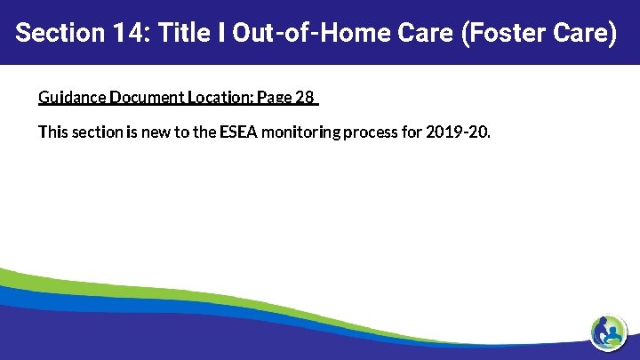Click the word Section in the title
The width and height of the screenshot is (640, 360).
click(x=56, y=34)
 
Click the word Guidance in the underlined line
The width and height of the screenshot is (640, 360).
click(x=72, y=97)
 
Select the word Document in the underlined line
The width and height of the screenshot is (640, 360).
click(x=146, y=97)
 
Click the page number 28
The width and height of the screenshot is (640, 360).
click(x=305, y=97)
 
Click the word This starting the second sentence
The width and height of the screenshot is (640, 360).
click(x=52, y=132)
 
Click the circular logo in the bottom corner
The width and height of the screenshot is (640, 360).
click(x=609, y=332)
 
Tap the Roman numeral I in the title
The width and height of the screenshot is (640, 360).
click(x=216, y=34)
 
